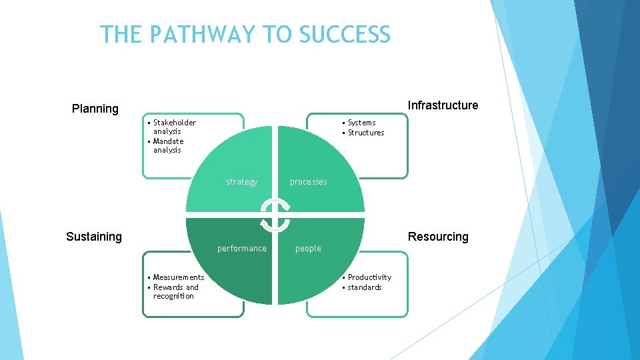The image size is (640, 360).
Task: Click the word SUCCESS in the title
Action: (x=345, y=34)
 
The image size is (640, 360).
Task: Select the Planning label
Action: (x=95, y=109)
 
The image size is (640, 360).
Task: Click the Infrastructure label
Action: (x=443, y=105)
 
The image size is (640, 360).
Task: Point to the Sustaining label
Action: (x=94, y=237)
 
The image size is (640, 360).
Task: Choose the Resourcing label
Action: (x=438, y=237)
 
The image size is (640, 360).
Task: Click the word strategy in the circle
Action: (x=241, y=182)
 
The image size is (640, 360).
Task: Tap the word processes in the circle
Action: (x=308, y=182)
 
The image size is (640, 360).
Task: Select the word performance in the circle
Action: (x=241, y=249)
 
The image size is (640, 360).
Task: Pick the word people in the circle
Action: (x=308, y=249)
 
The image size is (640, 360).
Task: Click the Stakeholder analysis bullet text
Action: (x=173, y=127)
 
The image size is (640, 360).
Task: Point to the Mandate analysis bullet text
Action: (x=168, y=145)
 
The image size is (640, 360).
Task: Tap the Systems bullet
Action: (x=361, y=123)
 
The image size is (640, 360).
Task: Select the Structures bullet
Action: (x=366, y=133)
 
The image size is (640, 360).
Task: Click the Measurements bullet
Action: (x=179, y=277)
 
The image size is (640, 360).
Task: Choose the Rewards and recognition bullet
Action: (x=175, y=291)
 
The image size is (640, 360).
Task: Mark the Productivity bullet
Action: (x=369, y=277)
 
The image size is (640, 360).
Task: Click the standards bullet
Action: (x=365, y=287)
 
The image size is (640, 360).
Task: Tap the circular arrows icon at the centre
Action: (x=275, y=215)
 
